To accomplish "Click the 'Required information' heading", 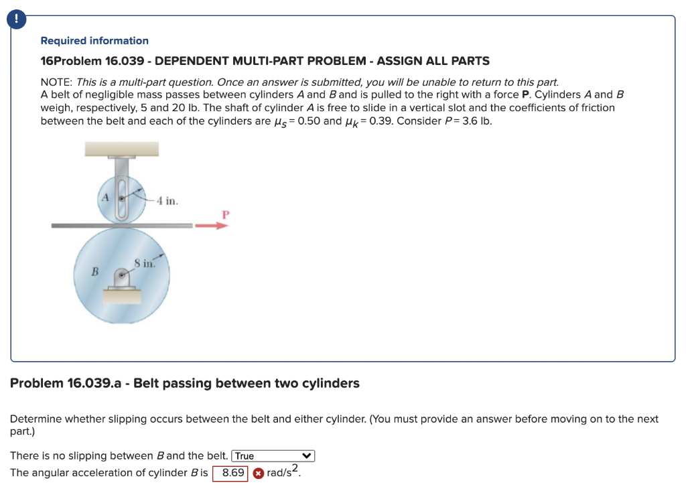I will [94, 41].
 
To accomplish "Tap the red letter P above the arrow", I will [225, 214].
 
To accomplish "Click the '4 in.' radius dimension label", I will [167, 201].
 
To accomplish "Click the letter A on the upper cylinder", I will [105, 197].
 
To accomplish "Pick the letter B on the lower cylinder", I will [95, 273].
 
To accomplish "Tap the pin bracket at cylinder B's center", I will [122, 276].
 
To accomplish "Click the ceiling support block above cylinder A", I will [121, 149].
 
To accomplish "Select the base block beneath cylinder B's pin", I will [121, 294].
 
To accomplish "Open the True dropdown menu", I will [273, 456].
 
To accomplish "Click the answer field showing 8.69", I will [232, 473].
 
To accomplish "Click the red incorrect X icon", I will [258, 474].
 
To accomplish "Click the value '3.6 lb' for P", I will [476, 121].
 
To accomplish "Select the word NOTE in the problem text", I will [56, 81].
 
